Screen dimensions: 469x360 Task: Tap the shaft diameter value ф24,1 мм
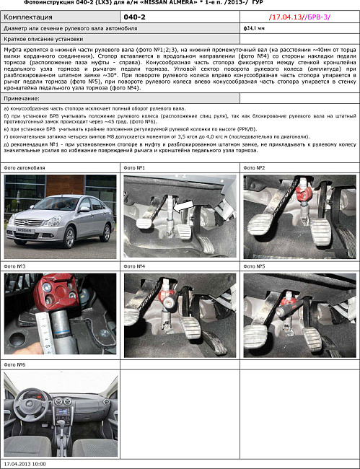coord(255,27)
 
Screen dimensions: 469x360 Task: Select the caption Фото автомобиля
coord(24,167)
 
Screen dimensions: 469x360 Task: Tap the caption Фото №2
coord(254,167)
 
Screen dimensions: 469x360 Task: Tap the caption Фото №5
coord(254,266)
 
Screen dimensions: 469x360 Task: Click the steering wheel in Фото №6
coord(36,398)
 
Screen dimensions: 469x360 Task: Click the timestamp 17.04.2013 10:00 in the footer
coord(25,464)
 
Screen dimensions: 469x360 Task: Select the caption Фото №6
coord(15,365)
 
